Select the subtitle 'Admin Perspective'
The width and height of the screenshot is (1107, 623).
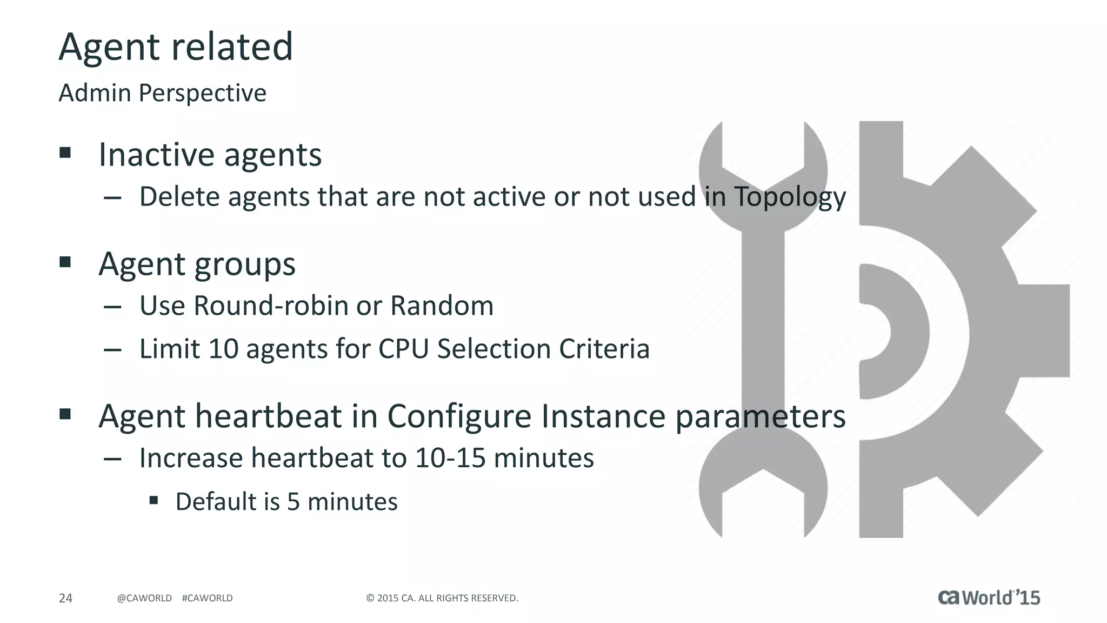tap(162, 93)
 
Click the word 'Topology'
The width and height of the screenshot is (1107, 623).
tap(790, 197)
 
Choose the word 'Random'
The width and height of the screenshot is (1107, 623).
tap(442, 306)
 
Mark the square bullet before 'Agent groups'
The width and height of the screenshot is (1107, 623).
tap(65, 263)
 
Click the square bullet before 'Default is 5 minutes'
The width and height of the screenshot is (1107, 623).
tap(154, 500)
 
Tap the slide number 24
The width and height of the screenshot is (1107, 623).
tap(65, 598)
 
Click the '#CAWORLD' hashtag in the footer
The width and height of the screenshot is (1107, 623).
tap(208, 598)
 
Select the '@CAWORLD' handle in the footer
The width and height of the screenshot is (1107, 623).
tap(144, 598)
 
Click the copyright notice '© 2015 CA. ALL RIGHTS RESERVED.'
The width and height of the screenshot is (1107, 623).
tap(442, 598)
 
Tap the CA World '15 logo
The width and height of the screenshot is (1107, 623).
tap(989, 597)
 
